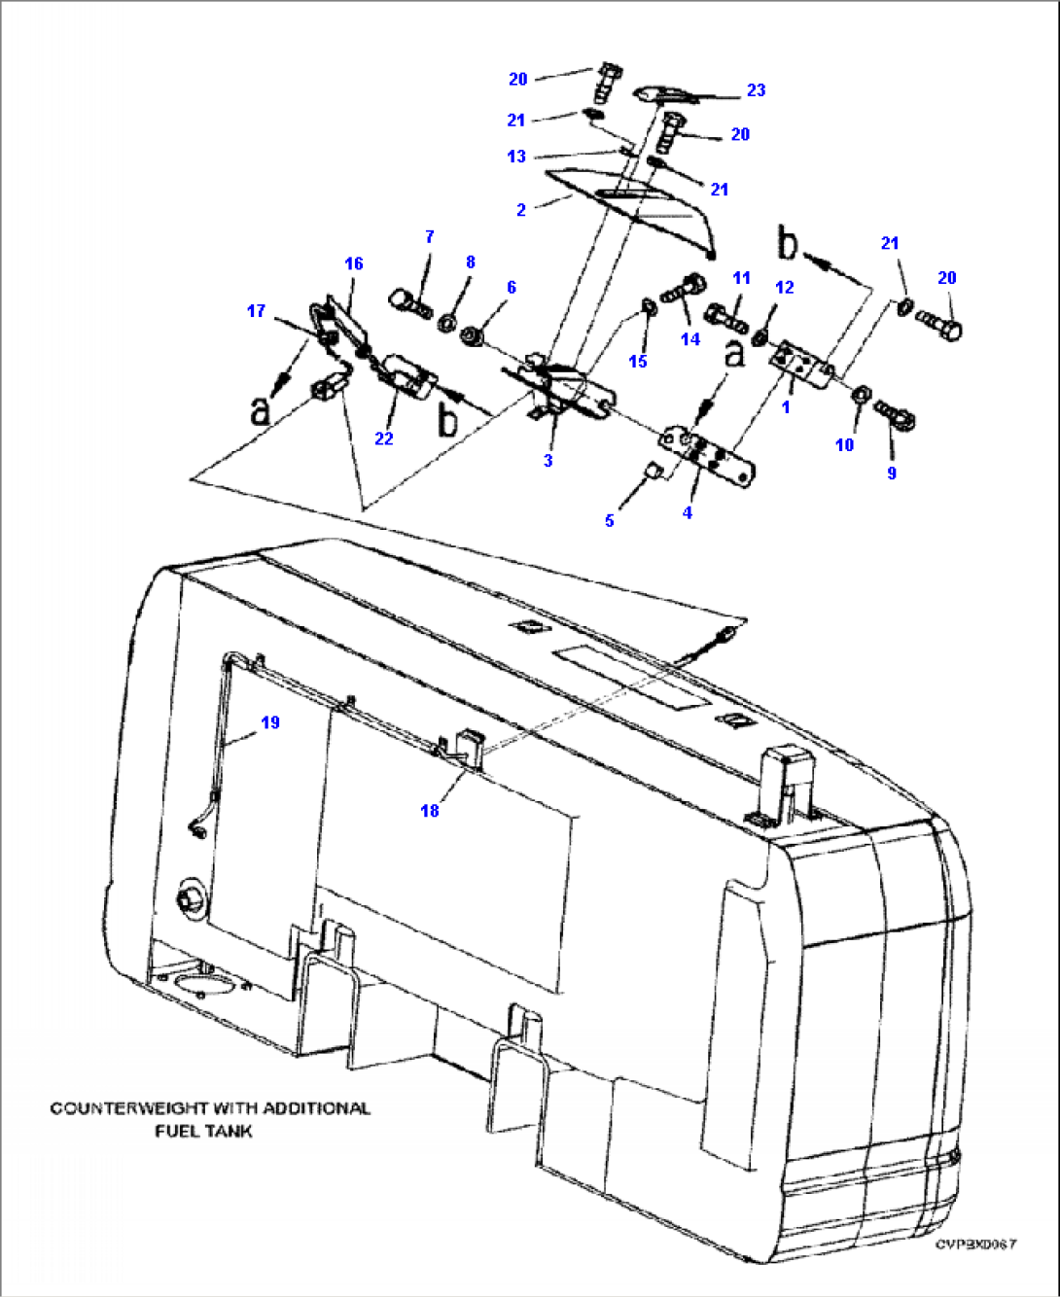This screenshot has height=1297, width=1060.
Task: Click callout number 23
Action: (756, 90)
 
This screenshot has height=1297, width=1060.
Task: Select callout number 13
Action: (516, 157)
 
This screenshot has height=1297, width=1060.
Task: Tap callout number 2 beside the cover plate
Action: (521, 210)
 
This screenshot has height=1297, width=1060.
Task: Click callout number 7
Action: (429, 236)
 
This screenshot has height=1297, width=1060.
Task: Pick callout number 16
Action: (354, 263)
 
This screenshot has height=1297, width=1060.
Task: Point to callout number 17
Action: (256, 311)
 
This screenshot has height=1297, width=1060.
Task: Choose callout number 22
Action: (384, 438)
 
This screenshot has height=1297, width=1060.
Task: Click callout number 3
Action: (548, 460)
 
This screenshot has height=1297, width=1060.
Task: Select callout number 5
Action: (610, 520)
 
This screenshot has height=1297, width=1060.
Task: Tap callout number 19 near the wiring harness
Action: (270, 722)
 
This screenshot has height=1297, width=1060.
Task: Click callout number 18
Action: (430, 810)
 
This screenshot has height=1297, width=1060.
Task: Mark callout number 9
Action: (892, 473)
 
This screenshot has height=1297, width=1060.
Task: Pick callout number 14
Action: (690, 339)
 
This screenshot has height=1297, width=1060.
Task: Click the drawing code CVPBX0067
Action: (975, 1244)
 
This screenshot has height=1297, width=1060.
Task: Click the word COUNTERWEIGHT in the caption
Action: (127, 1108)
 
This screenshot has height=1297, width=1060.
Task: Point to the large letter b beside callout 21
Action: (788, 243)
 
